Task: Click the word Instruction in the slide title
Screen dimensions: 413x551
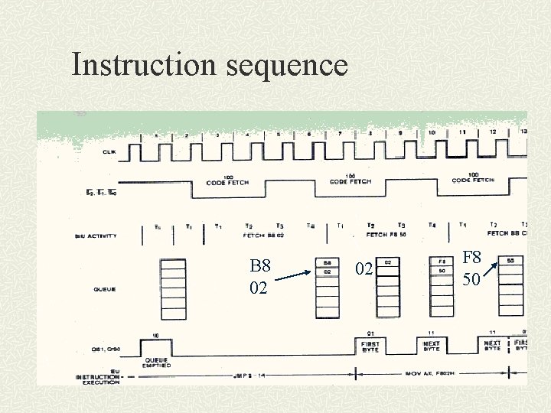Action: (145, 64)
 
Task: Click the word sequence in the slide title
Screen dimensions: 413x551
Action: (287, 66)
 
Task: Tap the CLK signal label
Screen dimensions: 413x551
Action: (109, 152)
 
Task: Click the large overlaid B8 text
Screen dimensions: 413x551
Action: (260, 266)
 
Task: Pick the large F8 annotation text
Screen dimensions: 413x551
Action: (471, 258)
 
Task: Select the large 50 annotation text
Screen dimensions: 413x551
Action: (471, 279)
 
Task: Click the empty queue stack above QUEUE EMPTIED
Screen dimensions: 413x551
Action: (173, 288)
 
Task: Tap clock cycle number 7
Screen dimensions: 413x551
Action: (340, 133)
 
